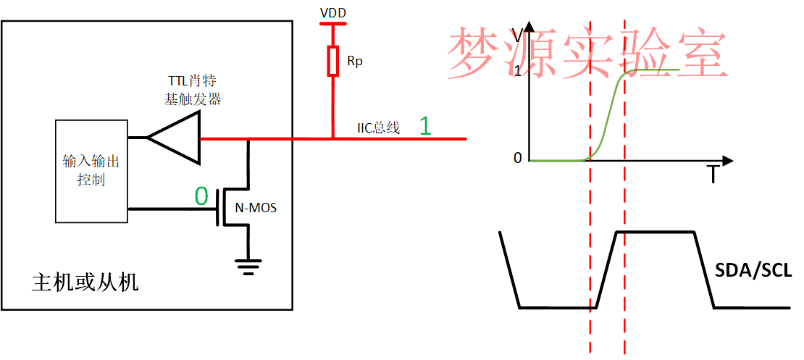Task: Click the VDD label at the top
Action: tap(333, 12)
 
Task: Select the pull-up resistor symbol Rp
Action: tap(333, 61)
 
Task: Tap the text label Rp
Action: tap(355, 62)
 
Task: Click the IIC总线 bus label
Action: tap(379, 128)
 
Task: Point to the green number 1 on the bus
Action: tap(425, 126)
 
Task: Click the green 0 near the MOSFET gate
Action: tap(202, 196)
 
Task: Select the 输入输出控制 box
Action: tap(92, 171)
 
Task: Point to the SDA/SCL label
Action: tap(753, 270)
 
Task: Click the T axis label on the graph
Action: tap(713, 175)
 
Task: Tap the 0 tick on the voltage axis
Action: tap(517, 158)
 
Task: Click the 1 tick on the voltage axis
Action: tap(517, 72)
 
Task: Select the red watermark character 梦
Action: tap(474, 54)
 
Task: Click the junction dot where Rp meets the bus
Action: tap(333, 138)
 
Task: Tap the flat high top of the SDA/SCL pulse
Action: tap(656, 232)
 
